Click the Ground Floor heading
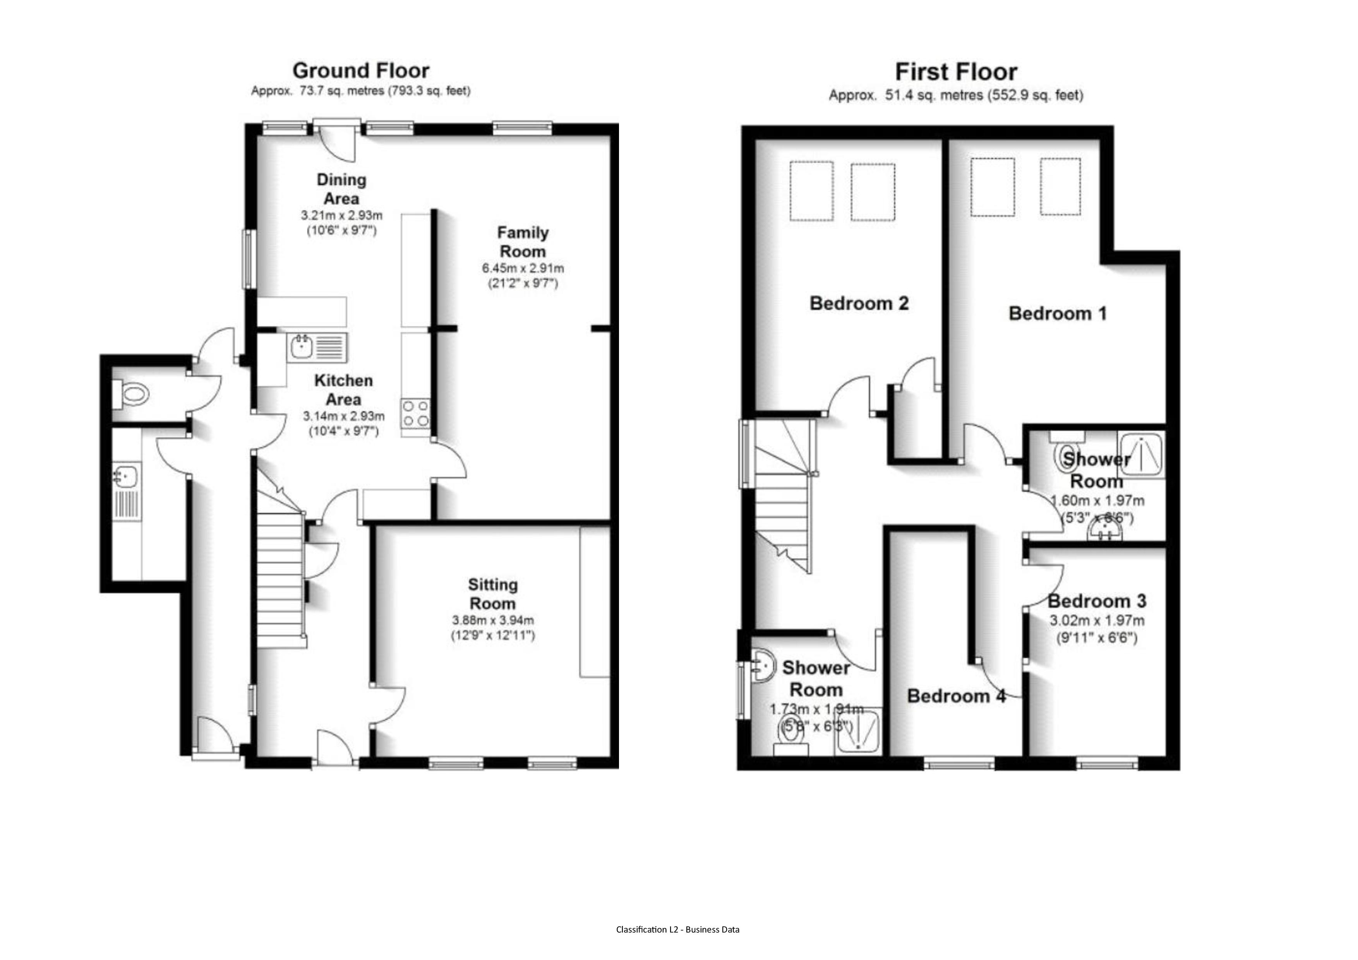pos(361,71)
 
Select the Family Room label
pos(522,242)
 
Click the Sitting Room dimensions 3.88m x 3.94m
pos(493,620)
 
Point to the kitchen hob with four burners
pos(415,413)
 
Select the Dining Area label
pos(341,188)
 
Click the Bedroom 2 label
pos(859,303)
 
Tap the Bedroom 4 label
pos(956,696)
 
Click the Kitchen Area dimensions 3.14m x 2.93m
pos(344,416)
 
